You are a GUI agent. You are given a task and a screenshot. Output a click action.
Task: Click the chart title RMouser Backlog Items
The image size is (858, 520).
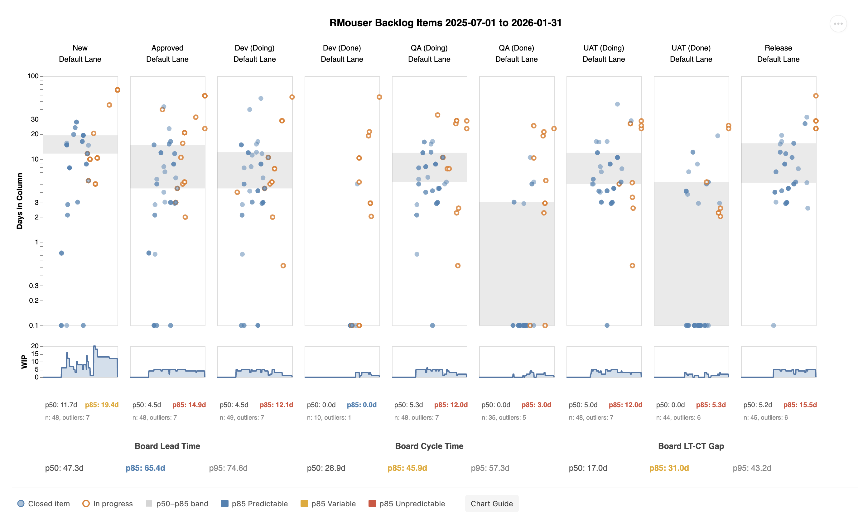tap(445, 23)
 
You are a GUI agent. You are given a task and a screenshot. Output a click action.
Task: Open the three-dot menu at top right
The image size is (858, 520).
tap(838, 24)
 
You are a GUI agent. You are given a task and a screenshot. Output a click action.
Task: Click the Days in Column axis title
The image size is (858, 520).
tap(20, 201)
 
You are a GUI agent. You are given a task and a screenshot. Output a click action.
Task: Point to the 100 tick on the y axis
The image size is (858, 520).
tap(33, 76)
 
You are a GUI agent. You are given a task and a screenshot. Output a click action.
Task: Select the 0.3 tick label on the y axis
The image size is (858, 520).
tap(33, 286)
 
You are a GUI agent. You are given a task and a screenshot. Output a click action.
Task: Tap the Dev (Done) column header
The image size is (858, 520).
tap(342, 53)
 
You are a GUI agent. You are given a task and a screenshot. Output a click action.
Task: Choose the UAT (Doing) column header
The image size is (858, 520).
tap(604, 53)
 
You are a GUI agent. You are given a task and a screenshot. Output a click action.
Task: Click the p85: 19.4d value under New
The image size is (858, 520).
tap(102, 405)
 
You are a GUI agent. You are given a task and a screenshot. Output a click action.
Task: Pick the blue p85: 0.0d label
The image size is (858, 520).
tap(361, 405)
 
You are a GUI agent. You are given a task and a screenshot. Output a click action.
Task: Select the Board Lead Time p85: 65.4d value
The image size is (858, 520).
tap(145, 468)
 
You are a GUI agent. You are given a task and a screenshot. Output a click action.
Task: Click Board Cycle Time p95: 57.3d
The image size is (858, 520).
tap(490, 468)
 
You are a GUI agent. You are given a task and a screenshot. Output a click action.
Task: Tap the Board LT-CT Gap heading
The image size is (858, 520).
tap(691, 446)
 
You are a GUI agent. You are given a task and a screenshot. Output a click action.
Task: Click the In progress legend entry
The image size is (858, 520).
tap(108, 503)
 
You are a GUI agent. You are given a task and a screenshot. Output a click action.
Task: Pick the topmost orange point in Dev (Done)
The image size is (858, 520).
tap(379, 97)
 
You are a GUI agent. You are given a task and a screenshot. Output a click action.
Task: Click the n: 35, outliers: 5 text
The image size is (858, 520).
tap(504, 417)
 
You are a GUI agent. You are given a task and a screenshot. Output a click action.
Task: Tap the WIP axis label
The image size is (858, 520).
tap(24, 362)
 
